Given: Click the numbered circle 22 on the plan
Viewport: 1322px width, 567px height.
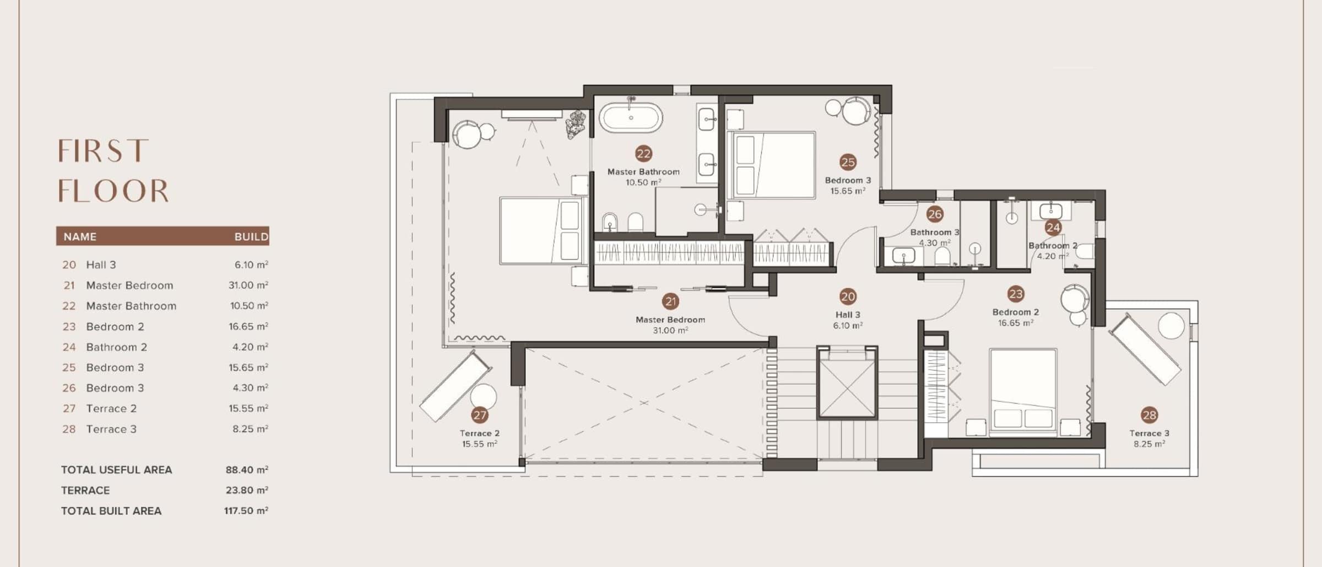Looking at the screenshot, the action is pyautogui.click(x=643, y=154).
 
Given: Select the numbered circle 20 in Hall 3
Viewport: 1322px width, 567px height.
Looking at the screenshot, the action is pyautogui.click(x=848, y=296).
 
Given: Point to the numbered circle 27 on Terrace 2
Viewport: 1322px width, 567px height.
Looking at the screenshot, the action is pyautogui.click(x=480, y=415).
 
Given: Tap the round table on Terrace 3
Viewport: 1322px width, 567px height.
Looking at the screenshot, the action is pyautogui.click(x=1171, y=326).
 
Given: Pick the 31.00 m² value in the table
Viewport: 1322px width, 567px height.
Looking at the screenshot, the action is pyautogui.click(x=248, y=285).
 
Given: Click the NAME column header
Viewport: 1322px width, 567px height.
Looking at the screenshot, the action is pyautogui.click(x=80, y=236).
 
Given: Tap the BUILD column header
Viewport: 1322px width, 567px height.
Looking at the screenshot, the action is pyautogui.click(x=251, y=236).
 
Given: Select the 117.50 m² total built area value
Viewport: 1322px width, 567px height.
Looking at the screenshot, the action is pyautogui.click(x=246, y=510).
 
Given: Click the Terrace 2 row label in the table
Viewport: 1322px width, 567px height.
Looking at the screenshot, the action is pyautogui.click(x=111, y=408).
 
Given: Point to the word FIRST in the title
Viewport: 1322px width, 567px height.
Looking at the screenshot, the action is pyautogui.click(x=104, y=151).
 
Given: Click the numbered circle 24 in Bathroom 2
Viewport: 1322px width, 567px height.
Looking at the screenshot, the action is pyautogui.click(x=1053, y=227).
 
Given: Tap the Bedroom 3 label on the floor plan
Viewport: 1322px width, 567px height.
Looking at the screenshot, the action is pyautogui.click(x=848, y=180).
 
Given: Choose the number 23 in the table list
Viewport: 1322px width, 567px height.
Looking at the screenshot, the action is pyautogui.click(x=69, y=326).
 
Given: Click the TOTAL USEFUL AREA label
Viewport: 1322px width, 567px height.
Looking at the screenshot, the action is pyautogui.click(x=116, y=469).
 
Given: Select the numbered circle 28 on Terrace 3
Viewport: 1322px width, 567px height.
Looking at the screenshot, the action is pyautogui.click(x=1150, y=415).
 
